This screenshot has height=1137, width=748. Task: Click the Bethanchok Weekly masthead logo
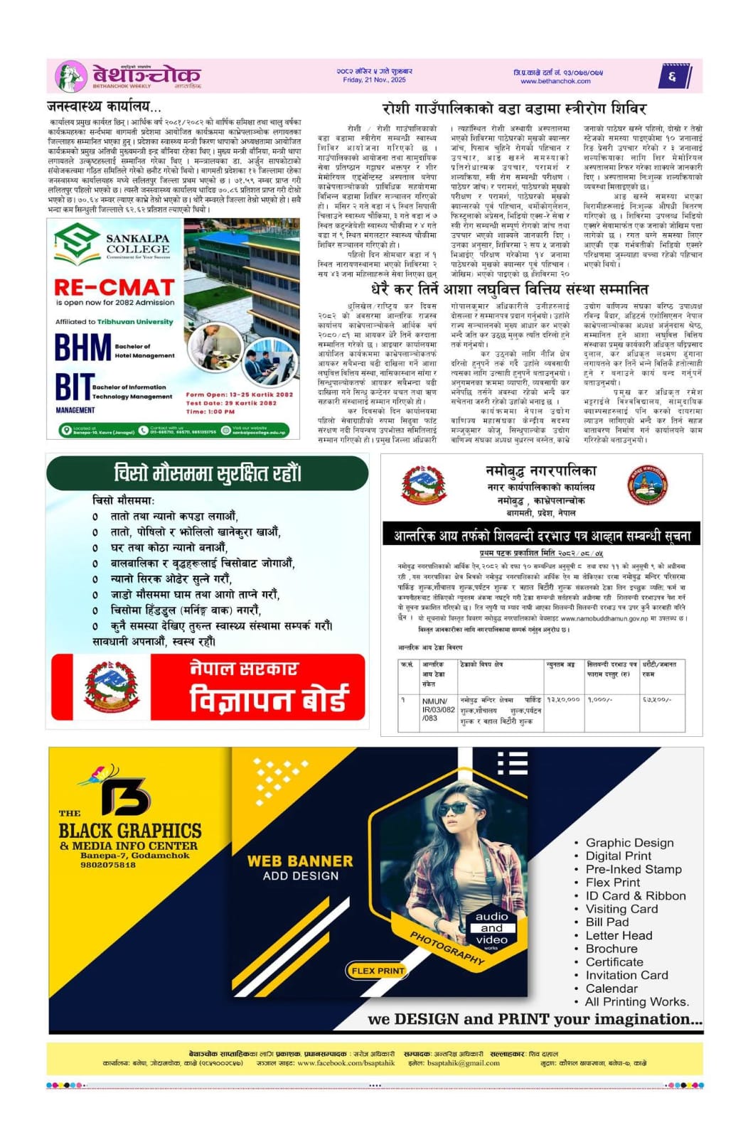coord(128,75)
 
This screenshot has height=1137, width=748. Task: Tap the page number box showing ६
coord(672,76)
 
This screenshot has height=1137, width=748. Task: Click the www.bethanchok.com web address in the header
coord(555,81)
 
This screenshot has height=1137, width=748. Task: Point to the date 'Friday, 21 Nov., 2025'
coord(374,80)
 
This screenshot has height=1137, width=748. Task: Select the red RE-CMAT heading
coord(114,287)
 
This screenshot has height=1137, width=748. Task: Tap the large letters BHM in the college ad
coord(82,348)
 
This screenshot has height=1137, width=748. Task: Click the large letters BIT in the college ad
coord(74,388)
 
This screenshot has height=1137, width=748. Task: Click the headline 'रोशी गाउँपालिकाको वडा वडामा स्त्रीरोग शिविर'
coord(513,109)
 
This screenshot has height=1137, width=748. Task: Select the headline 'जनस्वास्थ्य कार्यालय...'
coord(104,107)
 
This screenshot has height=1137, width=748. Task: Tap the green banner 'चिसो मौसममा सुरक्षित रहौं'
coord(208,473)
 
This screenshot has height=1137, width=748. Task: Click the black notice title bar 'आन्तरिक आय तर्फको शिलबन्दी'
coord(542,535)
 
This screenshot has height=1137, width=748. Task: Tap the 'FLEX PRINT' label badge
coord(378,971)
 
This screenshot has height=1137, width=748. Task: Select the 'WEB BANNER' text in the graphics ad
coord(300,861)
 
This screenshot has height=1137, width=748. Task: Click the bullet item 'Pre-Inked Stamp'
coord(633,869)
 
